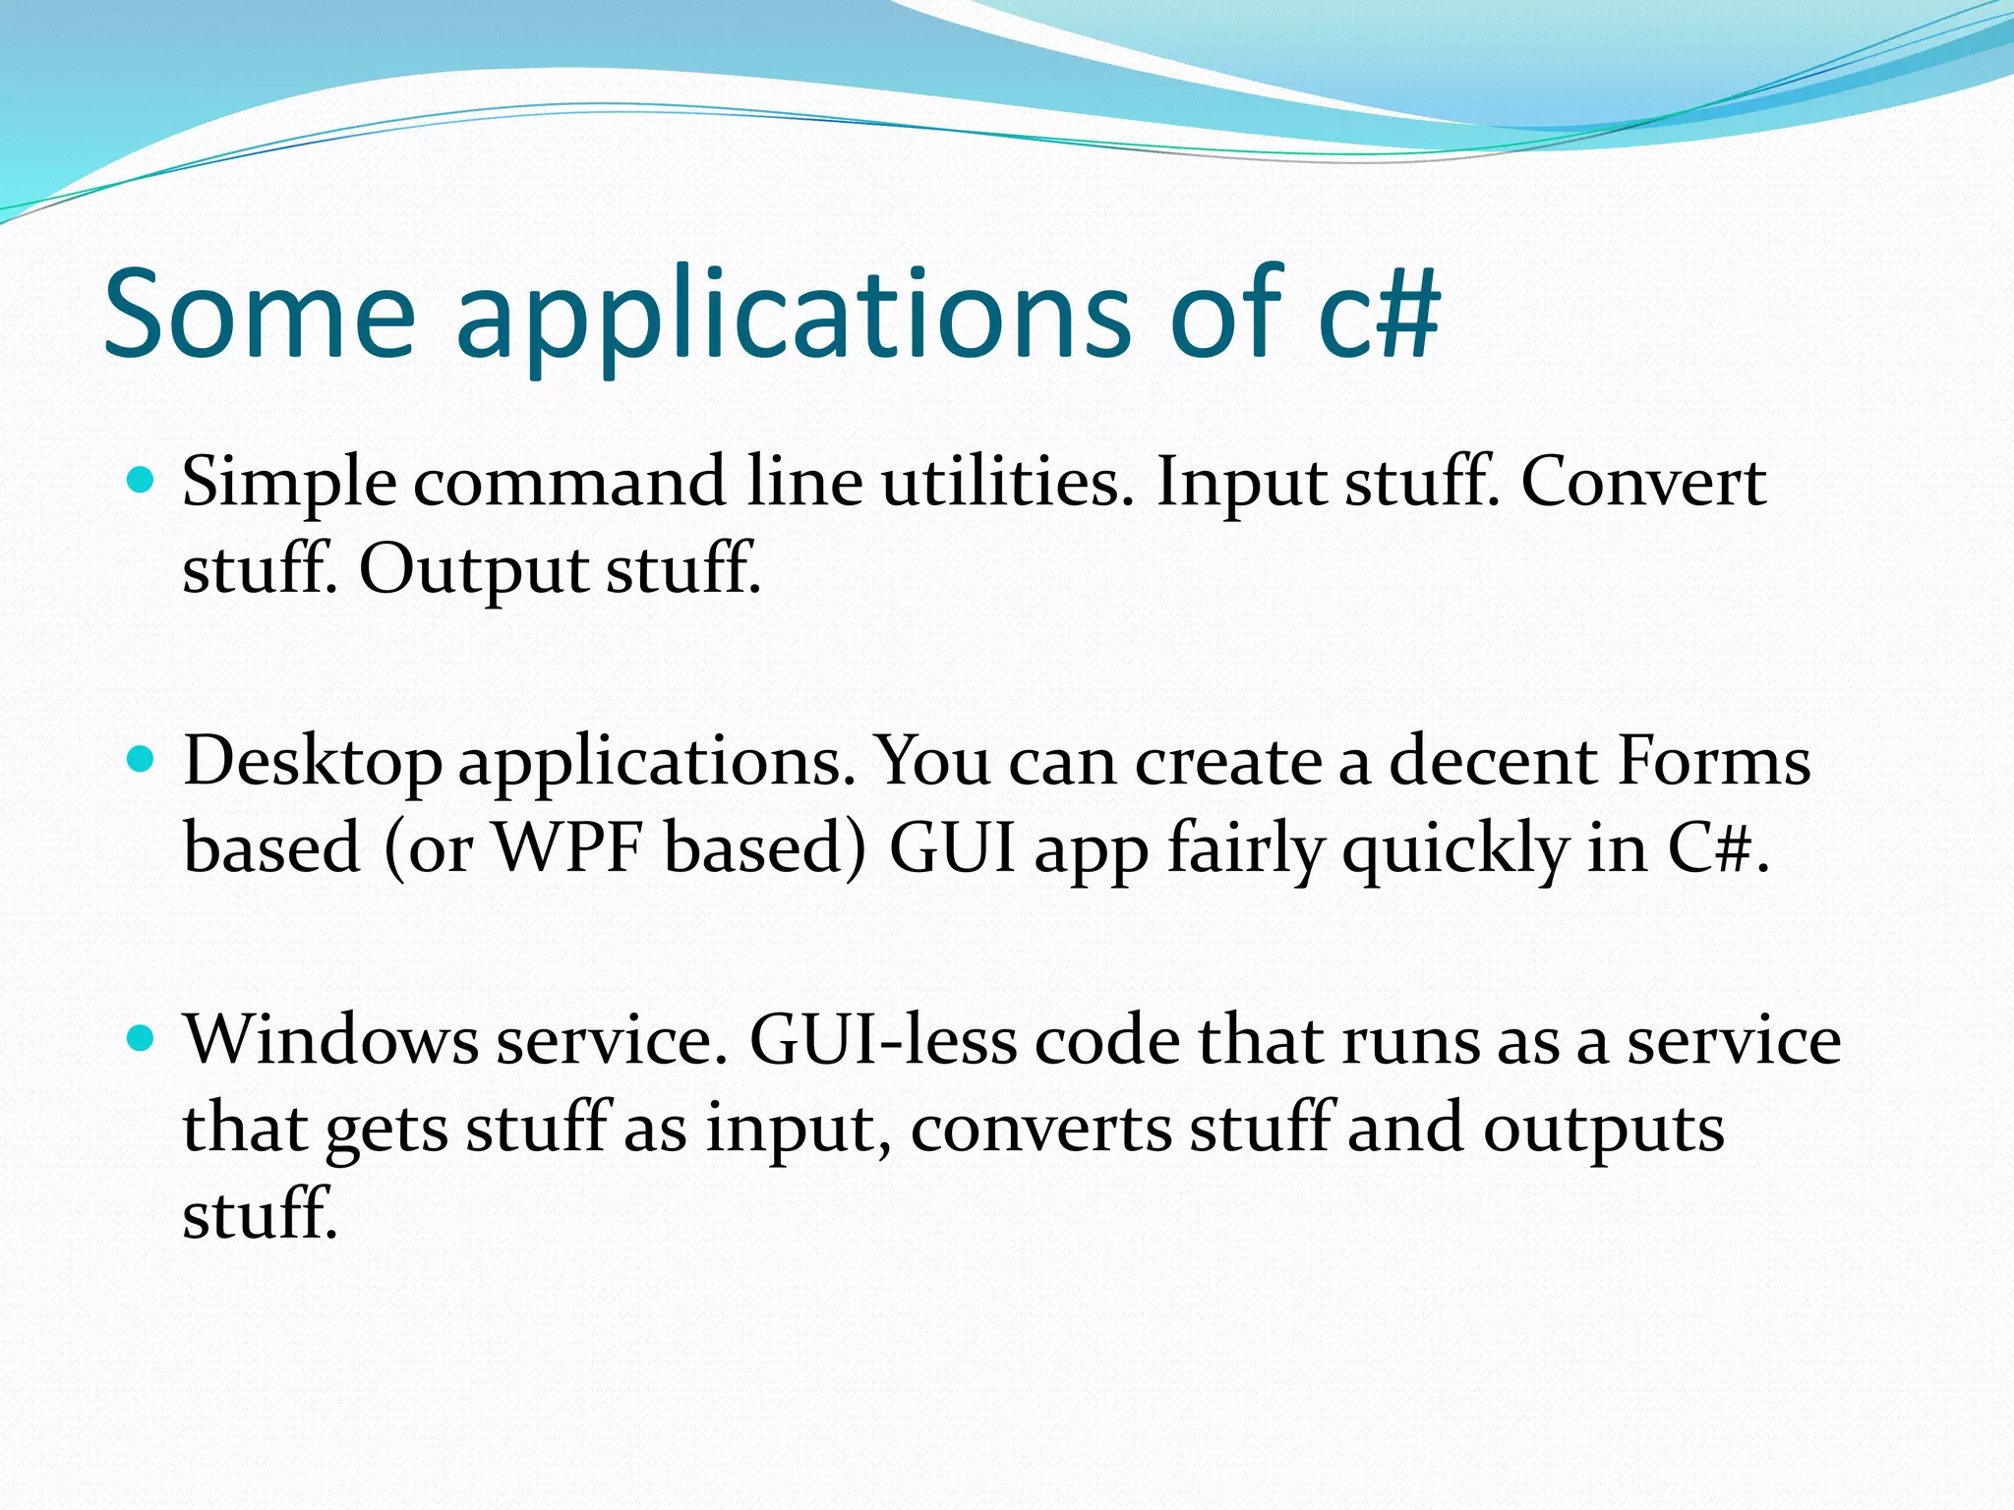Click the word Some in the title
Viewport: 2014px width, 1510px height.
260,315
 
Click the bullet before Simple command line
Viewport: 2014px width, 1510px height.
142,481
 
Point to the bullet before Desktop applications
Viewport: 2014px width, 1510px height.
142,760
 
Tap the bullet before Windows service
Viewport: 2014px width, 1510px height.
142,1038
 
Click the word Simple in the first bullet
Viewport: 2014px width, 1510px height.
289,484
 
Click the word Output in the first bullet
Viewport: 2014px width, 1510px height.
471,570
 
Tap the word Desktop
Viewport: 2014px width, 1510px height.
313,763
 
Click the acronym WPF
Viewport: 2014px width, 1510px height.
567,847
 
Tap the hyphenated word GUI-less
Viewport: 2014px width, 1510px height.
882,1040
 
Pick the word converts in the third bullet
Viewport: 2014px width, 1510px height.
1040,1129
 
